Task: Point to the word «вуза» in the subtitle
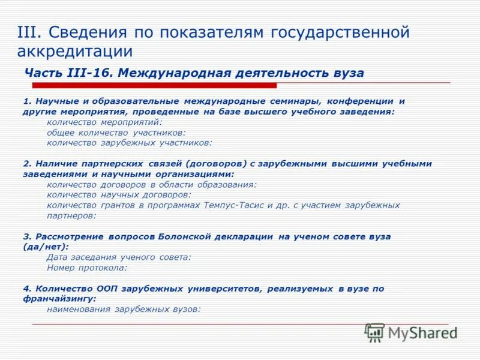tap(347, 73)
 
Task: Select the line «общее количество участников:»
tap(116, 132)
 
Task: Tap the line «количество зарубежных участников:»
tap(129, 143)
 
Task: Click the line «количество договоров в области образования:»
tap(151, 184)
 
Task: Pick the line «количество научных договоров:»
tap(119, 194)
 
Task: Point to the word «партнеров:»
tap(71, 215)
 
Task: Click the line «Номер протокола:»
tap(87, 268)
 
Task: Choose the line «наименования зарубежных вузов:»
tap(123, 309)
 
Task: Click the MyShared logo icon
tap(375, 332)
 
